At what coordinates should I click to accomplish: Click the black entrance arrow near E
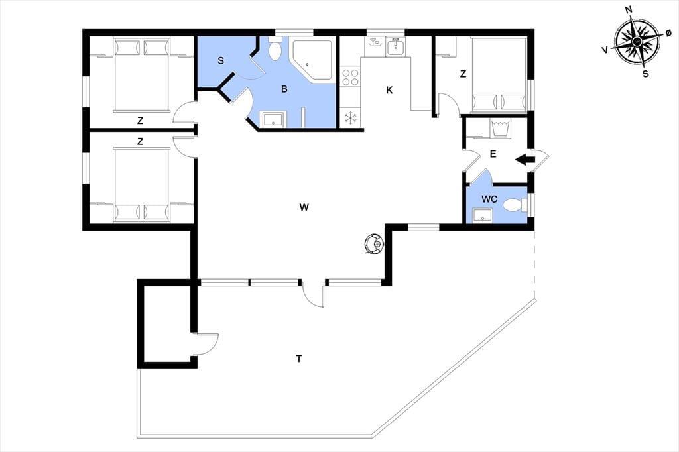point(525,159)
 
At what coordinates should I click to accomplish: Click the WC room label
point(489,199)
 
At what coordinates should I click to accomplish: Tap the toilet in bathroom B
point(275,48)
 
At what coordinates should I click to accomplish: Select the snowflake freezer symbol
point(350,117)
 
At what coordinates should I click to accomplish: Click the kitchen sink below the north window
point(395,47)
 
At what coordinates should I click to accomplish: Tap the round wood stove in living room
point(374,244)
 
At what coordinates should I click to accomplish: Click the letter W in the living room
point(304,207)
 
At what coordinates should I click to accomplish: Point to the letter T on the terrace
point(299,359)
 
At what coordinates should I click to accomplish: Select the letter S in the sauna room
point(221,60)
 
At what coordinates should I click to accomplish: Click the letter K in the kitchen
point(389,90)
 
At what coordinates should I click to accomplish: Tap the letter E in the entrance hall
point(493,154)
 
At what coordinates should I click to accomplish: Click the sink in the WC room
point(483,215)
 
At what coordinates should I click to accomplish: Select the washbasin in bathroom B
point(273,119)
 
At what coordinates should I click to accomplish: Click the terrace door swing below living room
point(314,294)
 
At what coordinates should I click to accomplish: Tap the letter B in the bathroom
point(284,89)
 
